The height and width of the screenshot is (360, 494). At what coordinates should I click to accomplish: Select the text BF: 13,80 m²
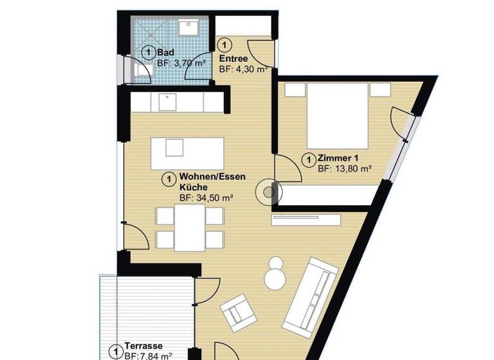[345, 169]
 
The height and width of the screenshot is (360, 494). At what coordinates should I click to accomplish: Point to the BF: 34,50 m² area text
[206, 198]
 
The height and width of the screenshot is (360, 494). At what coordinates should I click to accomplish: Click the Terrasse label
[143, 345]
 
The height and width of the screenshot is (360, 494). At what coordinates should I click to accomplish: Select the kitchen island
[187, 154]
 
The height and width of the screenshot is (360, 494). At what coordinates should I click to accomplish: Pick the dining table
[190, 227]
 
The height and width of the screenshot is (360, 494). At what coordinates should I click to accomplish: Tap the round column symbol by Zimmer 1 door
[267, 192]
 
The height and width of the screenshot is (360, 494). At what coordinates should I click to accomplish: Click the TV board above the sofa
[306, 220]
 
